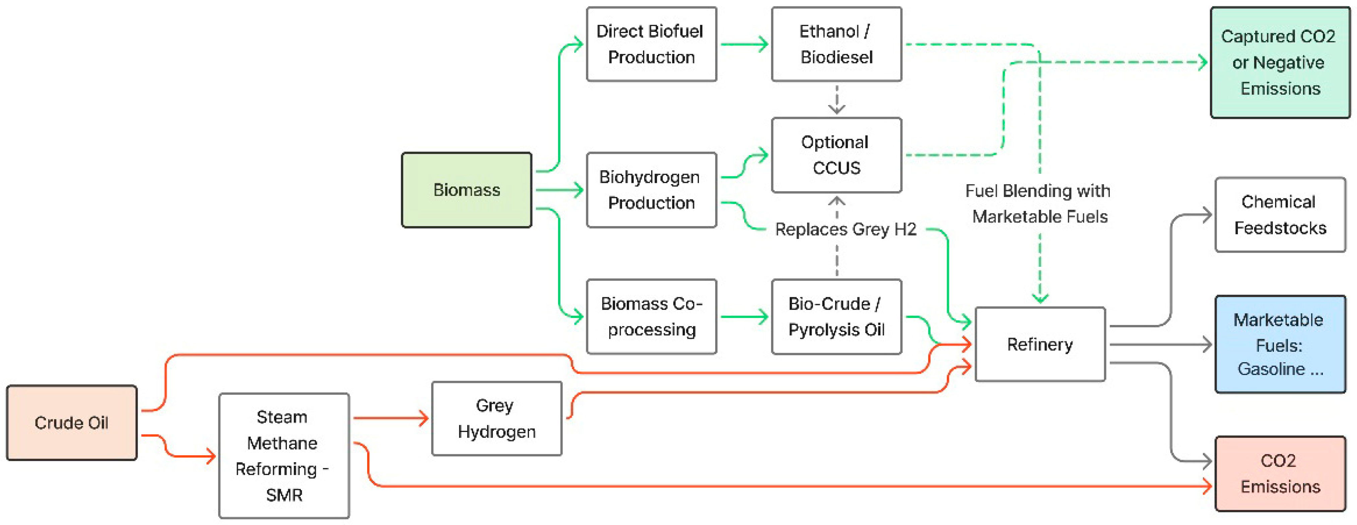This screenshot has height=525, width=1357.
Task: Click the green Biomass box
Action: (x=467, y=190)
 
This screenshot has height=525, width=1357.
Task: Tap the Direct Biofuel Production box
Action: (x=652, y=44)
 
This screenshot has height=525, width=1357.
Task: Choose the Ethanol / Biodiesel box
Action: (x=836, y=44)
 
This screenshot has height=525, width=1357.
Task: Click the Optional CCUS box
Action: (x=836, y=155)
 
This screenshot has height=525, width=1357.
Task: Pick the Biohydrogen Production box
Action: (x=652, y=190)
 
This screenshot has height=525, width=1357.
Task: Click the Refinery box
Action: (x=1040, y=344)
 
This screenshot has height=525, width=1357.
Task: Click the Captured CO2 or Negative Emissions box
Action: (x=1280, y=62)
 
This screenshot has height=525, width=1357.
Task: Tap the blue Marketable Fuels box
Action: (x=1280, y=344)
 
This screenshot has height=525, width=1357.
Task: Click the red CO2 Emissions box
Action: (x=1280, y=473)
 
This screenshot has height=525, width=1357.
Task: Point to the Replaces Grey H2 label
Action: (x=845, y=229)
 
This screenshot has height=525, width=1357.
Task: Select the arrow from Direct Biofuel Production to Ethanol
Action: (x=744, y=44)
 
